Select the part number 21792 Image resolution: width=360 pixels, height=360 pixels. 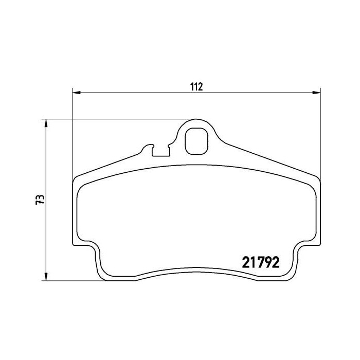pos(260,262)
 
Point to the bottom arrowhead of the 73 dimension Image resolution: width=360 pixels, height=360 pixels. pos(46,278)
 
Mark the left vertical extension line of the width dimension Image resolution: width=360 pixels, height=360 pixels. pos(73,134)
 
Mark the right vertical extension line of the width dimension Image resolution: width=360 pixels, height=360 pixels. pos(320,134)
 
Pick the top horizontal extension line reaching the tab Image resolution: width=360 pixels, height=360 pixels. pos(118,120)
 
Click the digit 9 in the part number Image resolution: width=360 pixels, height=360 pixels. pos(266,262)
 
